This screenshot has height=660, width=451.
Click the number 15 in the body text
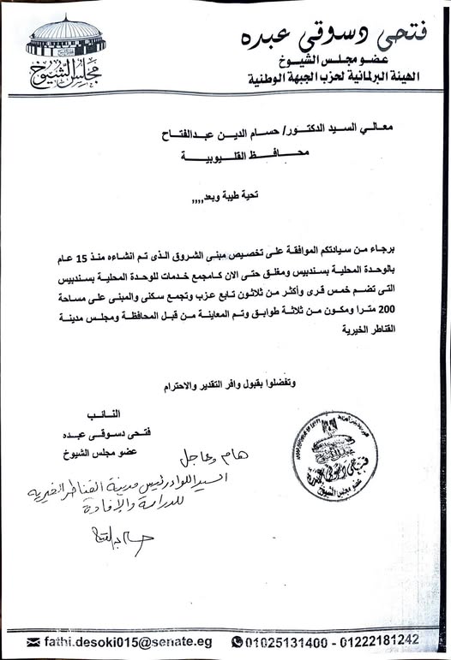410,257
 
